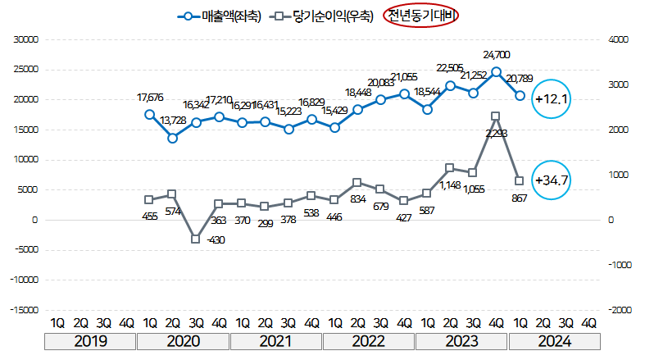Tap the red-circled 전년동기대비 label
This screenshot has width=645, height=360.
[422, 16]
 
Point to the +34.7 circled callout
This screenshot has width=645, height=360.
[552, 180]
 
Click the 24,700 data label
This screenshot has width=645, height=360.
[497, 55]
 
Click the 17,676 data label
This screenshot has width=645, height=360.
[150, 98]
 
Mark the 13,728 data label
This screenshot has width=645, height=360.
[173, 121]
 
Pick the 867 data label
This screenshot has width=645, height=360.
[519, 197]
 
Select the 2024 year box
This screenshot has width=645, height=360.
[554, 341]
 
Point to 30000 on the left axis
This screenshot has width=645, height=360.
[27, 39]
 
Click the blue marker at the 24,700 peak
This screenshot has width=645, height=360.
[497, 71]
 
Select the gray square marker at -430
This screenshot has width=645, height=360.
[196, 239]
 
